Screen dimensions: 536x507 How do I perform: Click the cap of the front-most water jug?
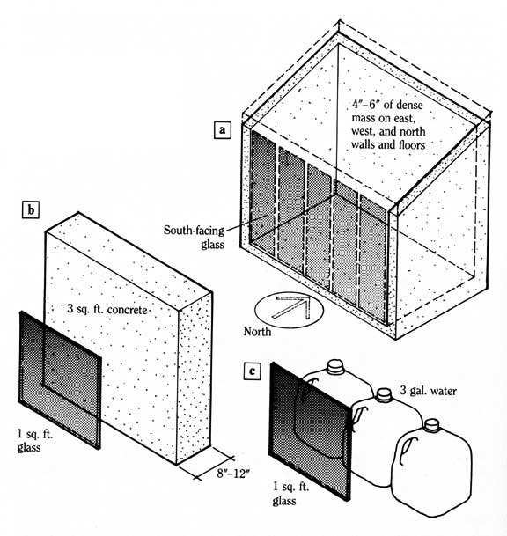pyautogui.click(x=430, y=424)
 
